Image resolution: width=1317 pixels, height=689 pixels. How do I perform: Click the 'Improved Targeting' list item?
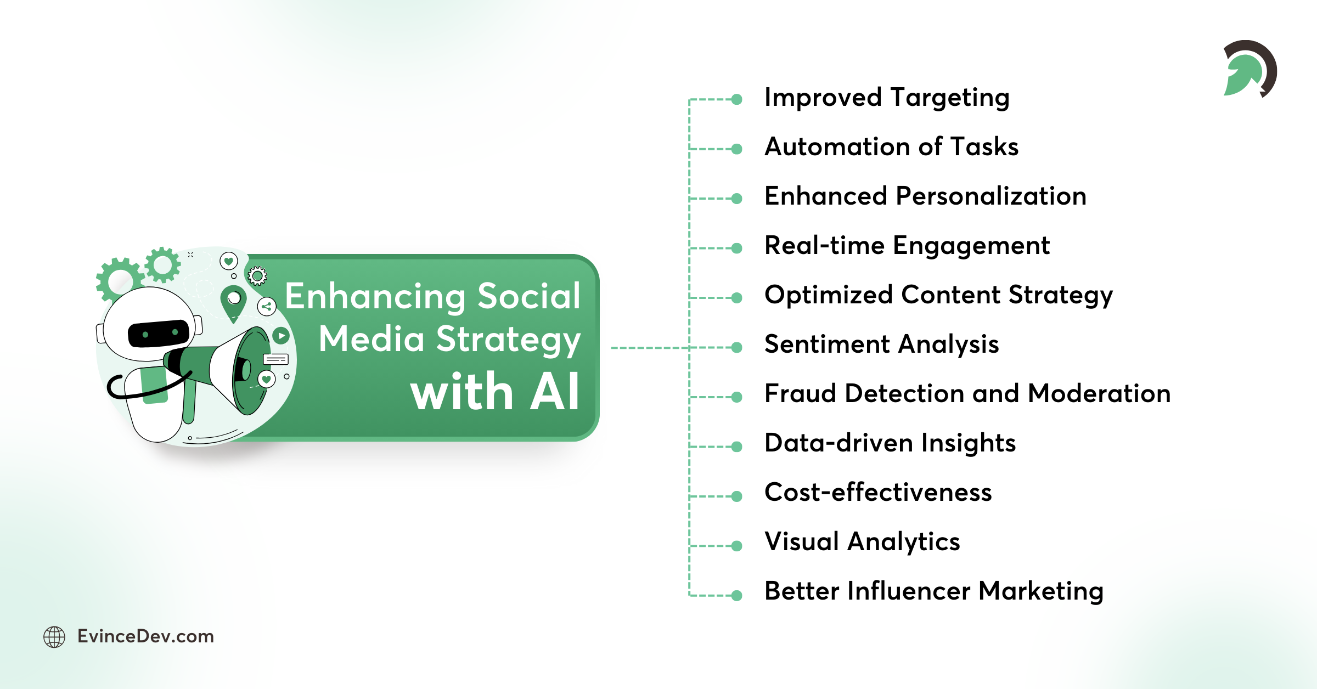(x=887, y=98)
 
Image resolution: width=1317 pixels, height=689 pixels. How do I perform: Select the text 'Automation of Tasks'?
(x=891, y=147)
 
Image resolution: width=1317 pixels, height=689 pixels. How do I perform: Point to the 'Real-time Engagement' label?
(x=907, y=246)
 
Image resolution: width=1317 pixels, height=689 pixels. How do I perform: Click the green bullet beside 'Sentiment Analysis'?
(x=737, y=347)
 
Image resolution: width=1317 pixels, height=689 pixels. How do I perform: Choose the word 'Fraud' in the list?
(x=801, y=394)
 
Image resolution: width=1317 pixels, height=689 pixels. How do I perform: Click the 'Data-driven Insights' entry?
(x=890, y=443)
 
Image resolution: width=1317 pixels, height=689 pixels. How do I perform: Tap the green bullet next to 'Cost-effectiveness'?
(x=737, y=496)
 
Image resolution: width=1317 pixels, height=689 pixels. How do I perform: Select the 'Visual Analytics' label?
(x=862, y=542)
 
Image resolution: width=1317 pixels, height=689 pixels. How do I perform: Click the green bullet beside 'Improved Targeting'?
(x=737, y=99)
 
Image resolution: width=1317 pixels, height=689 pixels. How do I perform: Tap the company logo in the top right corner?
(x=1250, y=69)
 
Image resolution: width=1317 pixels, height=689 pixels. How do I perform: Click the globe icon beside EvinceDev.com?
(x=54, y=637)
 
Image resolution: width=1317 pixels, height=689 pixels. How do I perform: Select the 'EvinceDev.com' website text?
(x=145, y=636)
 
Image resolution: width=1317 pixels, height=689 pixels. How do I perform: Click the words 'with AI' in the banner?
(x=494, y=392)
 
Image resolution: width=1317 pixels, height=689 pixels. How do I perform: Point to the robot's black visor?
(x=159, y=333)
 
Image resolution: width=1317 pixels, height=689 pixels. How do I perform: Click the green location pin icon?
(x=234, y=301)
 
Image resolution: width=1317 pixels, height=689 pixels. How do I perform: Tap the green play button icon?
(x=281, y=335)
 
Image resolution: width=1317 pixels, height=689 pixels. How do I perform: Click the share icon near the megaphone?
(x=267, y=306)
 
